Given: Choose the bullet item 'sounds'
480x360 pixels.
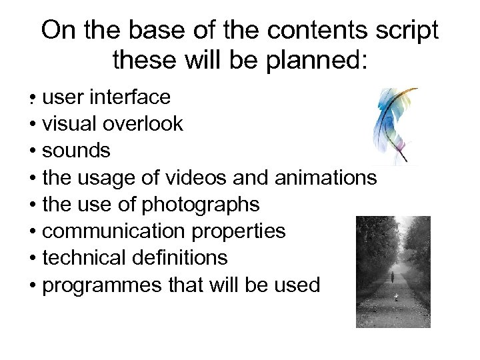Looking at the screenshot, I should pyautogui.click(x=75, y=151).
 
